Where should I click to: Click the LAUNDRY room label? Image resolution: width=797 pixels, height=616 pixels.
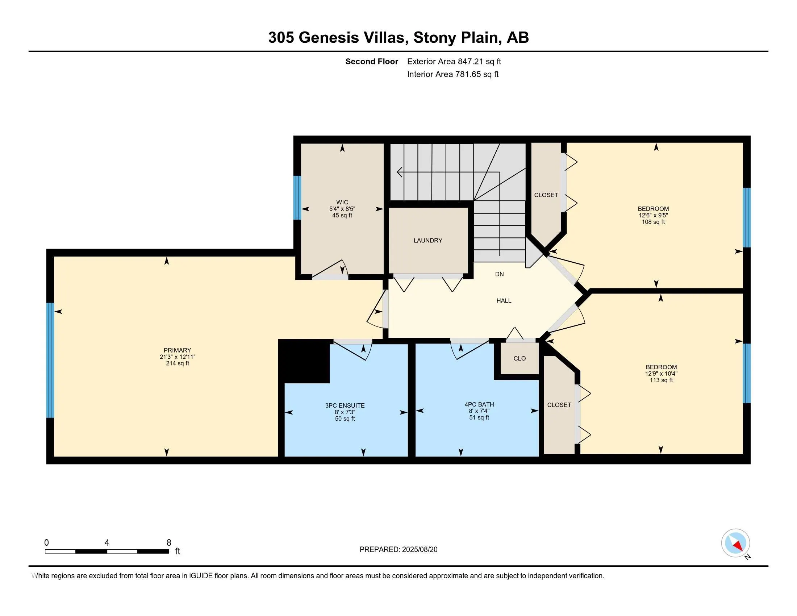(428, 241)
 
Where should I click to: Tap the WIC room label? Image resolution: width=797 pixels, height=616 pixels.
(342, 202)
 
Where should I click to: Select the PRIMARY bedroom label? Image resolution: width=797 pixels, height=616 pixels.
(178, 350)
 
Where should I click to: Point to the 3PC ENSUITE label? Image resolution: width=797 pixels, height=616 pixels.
(345, 405)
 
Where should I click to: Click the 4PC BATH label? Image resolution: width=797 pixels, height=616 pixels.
(479, 404)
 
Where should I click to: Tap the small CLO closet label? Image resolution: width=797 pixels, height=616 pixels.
(519, 358)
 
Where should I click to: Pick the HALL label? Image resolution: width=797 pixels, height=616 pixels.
(504, 301)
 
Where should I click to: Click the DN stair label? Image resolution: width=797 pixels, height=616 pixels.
(500, 274)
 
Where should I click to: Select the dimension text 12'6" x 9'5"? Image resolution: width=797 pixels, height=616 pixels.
(653, 215)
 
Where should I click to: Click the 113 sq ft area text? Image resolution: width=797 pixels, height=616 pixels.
(661, 380)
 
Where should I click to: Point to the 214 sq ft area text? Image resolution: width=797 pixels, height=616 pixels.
(178, 363)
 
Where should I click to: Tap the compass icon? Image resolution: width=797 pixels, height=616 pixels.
(736, 543)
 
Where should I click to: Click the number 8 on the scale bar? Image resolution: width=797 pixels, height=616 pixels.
(168, 543)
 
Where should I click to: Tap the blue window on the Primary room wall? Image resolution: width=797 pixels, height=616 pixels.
(50, 360)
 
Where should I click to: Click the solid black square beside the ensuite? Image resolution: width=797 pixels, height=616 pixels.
(304, 361)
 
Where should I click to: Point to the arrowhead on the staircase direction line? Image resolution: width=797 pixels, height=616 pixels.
(400, 172)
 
